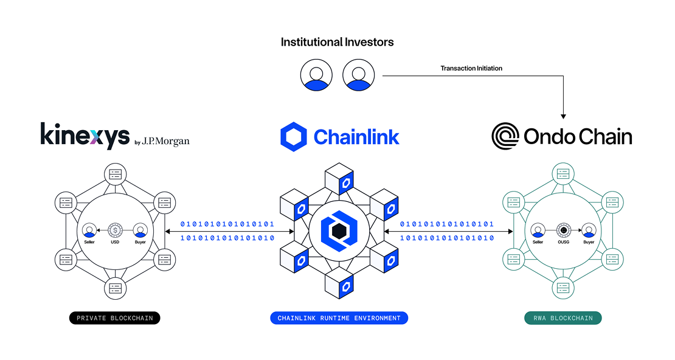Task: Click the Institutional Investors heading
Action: pyautogui.click(x=337, y=42)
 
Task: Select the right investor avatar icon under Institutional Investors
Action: pyautogui.click(x=358, y=75)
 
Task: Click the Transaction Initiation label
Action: pyautogui.click(x=471, y=68)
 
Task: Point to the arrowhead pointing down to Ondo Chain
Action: pyautogui.click(x=564, y=115)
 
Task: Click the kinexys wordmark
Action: pyautogui.click(x=85, y=136)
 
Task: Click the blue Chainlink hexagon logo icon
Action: pyautogui.click(x=294, y=136)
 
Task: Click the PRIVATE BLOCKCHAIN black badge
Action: pyautogui.click(x=114, y=318)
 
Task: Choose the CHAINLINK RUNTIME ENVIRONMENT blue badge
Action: pyautogui.click(x=339, y=318)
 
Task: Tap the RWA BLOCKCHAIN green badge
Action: pyautogui.click(x=562, y=318)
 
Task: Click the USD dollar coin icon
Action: pyautogui.click(x=115, y=230)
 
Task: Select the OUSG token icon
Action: pyautogui.click(x=564, y=230)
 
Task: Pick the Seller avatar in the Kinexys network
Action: pyautogui.click(x=89, y=230)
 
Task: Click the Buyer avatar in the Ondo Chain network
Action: pyautogui.click(x=589, y=230)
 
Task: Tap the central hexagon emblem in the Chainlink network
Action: pyautogui.click(x=338, y=231)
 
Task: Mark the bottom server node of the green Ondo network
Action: pyautogui.click(x=563, y=288)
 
